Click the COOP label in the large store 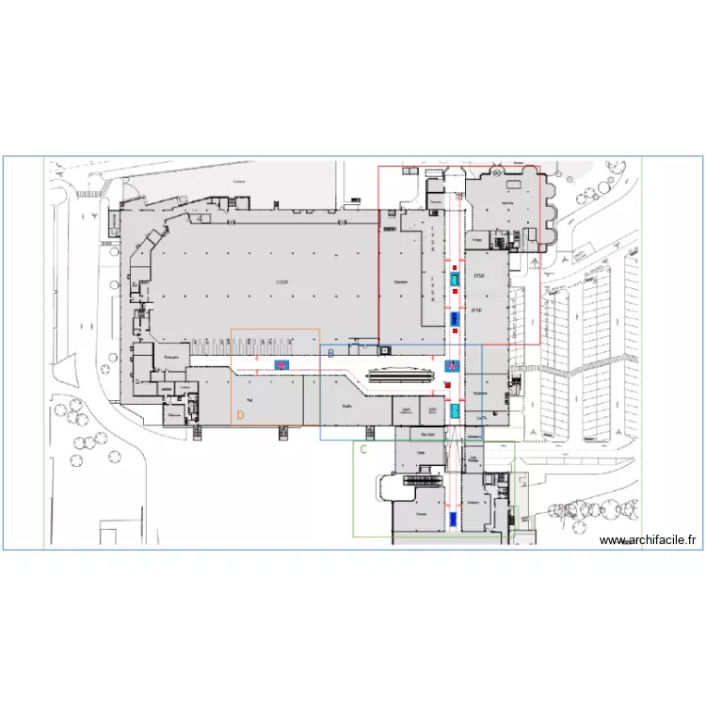coord(281,281)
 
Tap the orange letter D coord(240,413)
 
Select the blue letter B coord(330,352)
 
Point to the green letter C coord(362,449)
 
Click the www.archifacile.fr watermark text coord(650,540)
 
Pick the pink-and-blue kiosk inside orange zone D coord(281,364)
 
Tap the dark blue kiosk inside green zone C coord(453,519)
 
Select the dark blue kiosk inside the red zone coord(454,317)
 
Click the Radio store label coord(347,406)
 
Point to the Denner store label coord(400,281)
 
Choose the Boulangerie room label coord(172,358)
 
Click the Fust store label coord(250,400)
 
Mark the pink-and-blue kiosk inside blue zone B coord(451,366)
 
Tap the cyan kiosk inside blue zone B coord(454,410)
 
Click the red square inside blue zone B coord(449,385)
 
